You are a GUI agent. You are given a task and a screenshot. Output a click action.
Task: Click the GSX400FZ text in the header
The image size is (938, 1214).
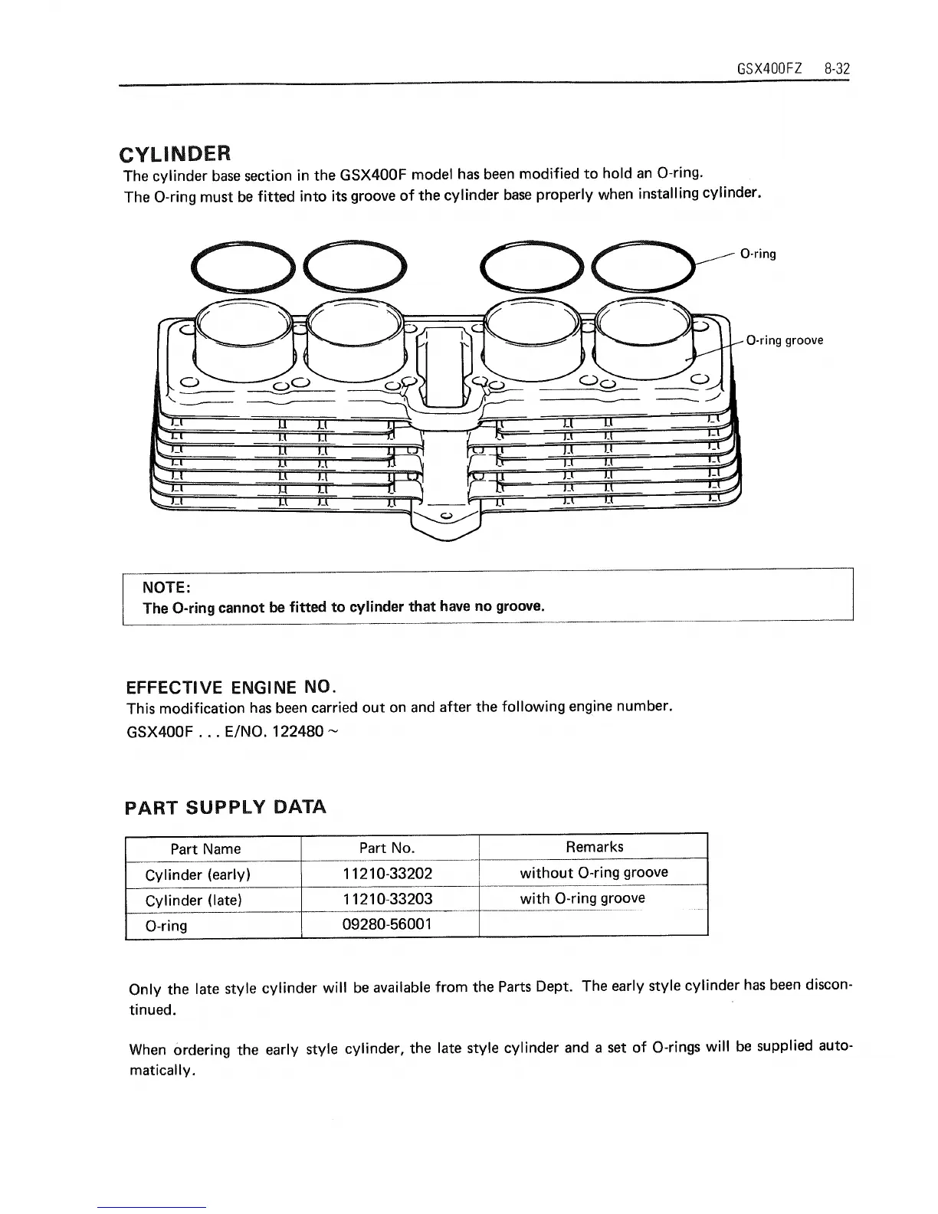tap(769, 68)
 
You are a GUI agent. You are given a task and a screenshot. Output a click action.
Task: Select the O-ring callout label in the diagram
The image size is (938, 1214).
tap(758, 254)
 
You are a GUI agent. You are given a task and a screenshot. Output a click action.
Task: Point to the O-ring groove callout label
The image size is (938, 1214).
tap(784, 340)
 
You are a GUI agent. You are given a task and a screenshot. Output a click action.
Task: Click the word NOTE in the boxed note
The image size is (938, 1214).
tap(166, 587)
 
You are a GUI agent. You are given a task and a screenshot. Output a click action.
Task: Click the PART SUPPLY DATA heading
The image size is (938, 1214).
tap(225, 807)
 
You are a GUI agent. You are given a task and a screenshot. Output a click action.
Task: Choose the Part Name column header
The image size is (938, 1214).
tap(205, 848)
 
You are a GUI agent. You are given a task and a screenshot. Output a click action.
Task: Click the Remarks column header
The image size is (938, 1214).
tap(594, 847)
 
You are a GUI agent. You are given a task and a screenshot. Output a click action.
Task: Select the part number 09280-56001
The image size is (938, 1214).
tap(387, 924)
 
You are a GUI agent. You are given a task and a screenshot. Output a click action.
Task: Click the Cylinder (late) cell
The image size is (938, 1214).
tap(193, 901)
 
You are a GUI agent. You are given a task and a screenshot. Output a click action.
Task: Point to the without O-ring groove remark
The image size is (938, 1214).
tap(594, 873)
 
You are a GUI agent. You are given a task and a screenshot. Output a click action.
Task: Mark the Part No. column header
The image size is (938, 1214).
tap(387, 848)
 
